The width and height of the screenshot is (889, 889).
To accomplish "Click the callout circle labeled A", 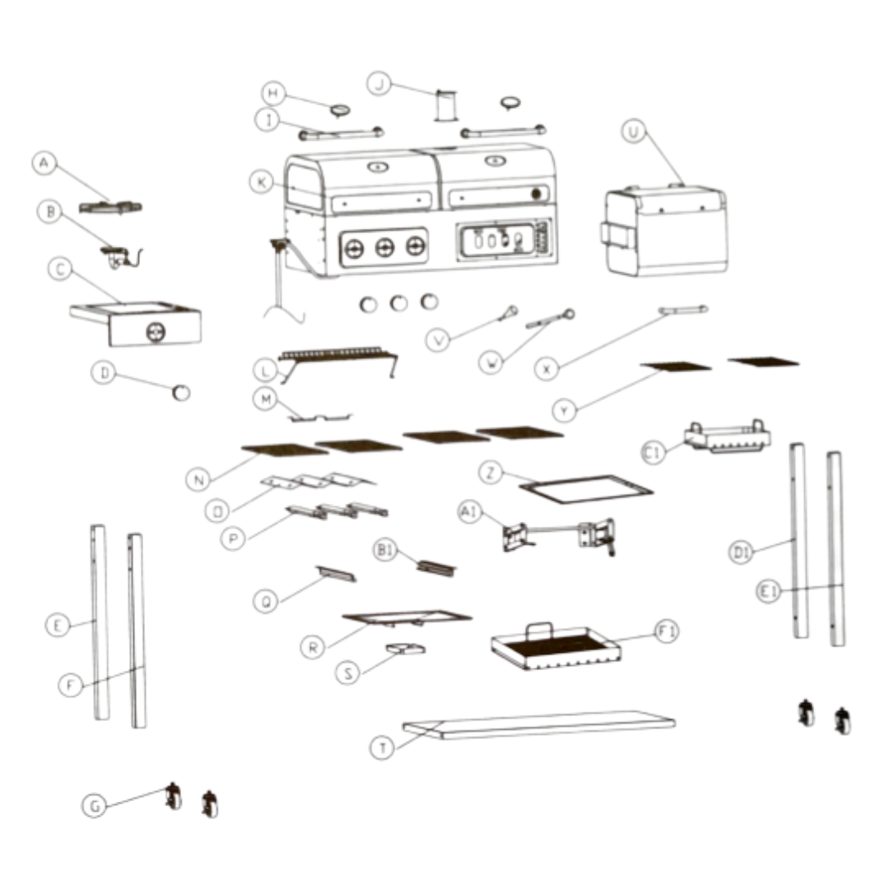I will coord(44,164).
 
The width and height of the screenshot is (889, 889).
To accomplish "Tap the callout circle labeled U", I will coord(633,133).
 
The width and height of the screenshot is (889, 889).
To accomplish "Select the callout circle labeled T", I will coord(381,747).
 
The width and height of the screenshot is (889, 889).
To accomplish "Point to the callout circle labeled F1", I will coord(668,632).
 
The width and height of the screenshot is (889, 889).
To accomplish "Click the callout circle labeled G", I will coord(94,806).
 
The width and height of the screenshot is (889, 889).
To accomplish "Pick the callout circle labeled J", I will coord(379,83).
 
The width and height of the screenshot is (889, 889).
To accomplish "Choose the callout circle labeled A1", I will coord(468,512).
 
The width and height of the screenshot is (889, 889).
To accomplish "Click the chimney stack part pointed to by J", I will coord(446,106).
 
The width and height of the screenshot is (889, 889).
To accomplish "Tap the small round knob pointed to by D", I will coord(180,393).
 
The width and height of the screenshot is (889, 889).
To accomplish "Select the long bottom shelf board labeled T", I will coord(539,724).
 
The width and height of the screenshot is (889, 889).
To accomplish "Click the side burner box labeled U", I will coord(666,230).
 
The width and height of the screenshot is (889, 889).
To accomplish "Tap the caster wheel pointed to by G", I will coord(174,796).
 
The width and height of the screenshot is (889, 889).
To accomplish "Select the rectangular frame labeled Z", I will coord(585,488).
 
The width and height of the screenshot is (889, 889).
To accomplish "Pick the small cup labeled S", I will coord(405,650).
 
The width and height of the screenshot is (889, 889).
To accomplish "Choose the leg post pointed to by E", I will coord(100,621).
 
